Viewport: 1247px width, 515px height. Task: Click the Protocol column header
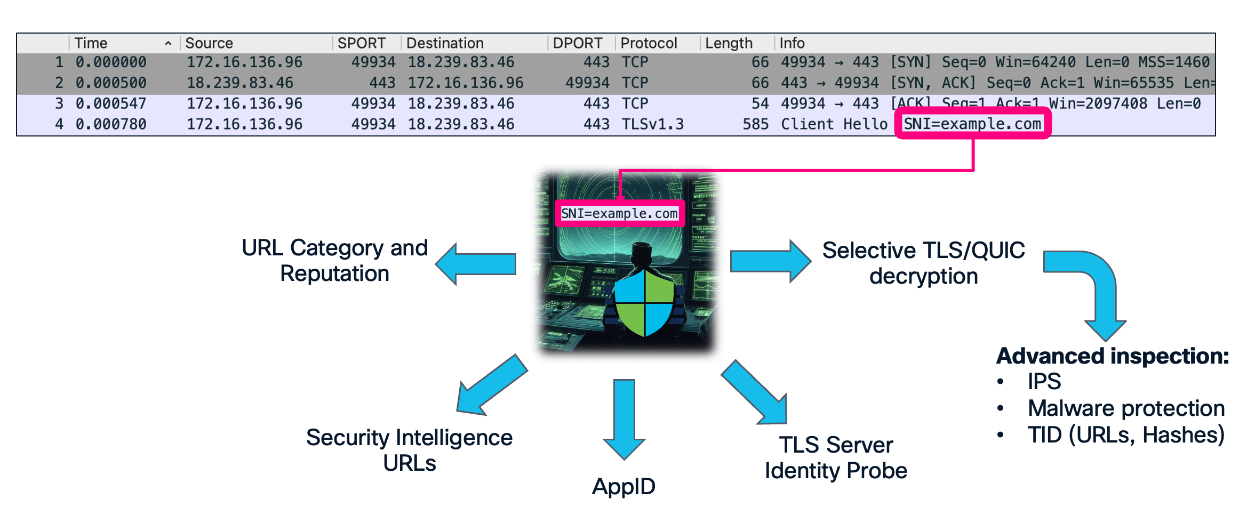[x=649, y=43]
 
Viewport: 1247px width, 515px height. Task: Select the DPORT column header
[x=577, y=43]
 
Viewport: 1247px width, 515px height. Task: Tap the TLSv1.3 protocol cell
[x=652, y=124]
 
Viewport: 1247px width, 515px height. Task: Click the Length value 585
[x=755, y=124]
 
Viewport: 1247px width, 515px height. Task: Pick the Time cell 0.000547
[x=110, y=103]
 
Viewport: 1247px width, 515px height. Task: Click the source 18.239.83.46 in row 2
[x=239, y=83]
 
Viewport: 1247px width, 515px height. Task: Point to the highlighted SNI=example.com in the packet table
[x=972, y=124]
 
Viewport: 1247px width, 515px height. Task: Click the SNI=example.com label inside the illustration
[x=619, y=214]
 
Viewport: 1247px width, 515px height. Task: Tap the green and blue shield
[x=644, y=303]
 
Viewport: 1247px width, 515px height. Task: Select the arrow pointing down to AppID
[x=624, y=419]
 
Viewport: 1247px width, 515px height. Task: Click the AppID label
[x=623, y=486]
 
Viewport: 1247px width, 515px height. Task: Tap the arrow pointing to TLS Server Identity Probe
[x=757, y=393]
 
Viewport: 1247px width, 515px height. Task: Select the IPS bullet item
[x=1044, y=381]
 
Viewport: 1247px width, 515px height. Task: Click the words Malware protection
[x=1126, y=408]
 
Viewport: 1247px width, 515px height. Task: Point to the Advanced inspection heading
[x=1112, y=356]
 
